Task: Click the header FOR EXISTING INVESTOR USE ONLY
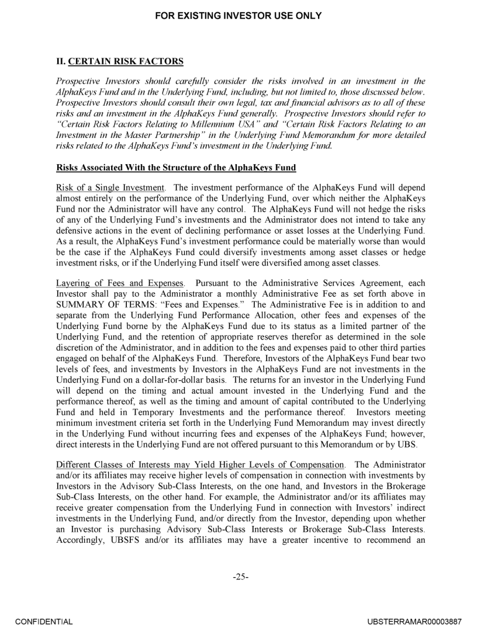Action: tap(238, 16)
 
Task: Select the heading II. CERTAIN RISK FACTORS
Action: tap(120, 61)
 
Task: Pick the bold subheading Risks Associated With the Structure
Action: tap(176, 168)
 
